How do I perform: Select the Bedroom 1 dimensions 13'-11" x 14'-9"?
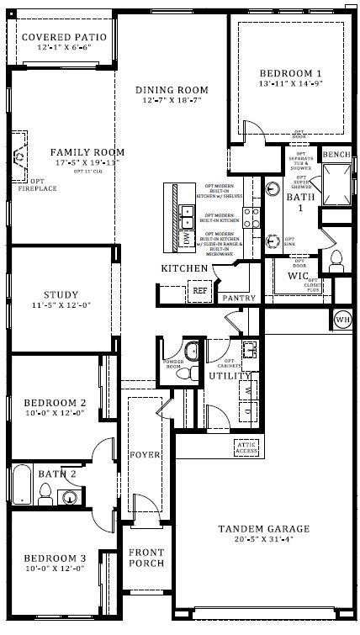click(290, 84)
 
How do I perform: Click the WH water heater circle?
click(342, 320)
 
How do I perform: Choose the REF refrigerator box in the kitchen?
click(199, 290)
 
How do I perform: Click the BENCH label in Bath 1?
click(336, 155)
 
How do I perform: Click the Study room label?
click(61, 295)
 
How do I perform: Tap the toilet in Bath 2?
click(45, 492)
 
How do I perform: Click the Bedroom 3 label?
click(55, 558)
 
